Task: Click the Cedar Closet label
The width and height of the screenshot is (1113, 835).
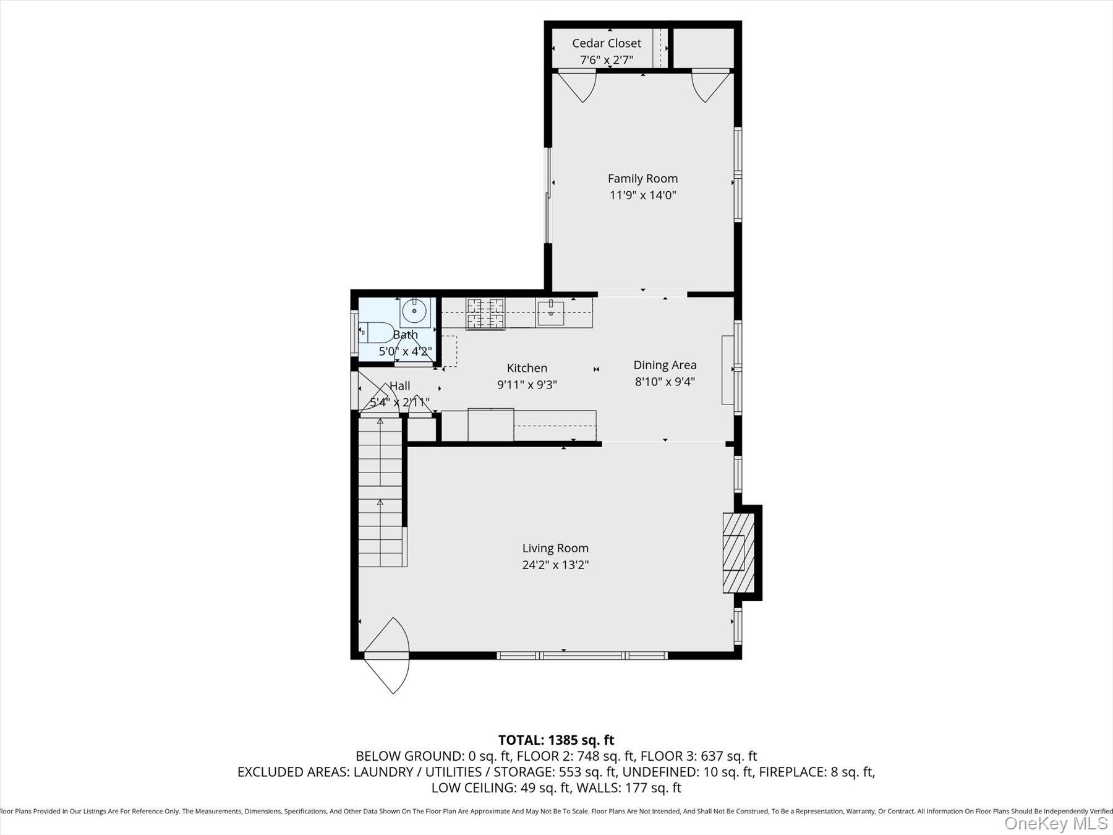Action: [x=606, y=43]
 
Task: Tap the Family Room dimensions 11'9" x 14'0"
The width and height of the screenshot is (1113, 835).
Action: [x=642, y=195]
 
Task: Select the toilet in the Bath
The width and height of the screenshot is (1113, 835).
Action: [x=376, y=332]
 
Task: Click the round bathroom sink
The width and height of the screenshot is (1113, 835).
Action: [x=414, y=311]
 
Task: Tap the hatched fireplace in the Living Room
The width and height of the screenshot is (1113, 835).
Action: [x=738, y=552]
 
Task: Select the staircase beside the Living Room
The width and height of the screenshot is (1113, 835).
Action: [x=380, y=492]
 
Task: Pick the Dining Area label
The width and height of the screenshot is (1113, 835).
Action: [x=665, y=365]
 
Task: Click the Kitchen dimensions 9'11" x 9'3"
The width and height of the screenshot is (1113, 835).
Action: [x=527, y=385]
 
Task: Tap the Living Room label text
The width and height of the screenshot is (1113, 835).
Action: [x=555, y=548]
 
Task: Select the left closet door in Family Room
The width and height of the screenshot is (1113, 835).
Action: [x=578, y=85]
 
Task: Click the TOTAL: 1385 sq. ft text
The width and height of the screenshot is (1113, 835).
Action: [x=556, y=740]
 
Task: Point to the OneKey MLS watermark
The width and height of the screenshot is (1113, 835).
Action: [x=1055, y=823]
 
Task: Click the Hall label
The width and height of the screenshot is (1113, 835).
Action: [x=399, y=385]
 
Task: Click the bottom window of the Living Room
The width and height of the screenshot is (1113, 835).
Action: [x=582, y=655]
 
